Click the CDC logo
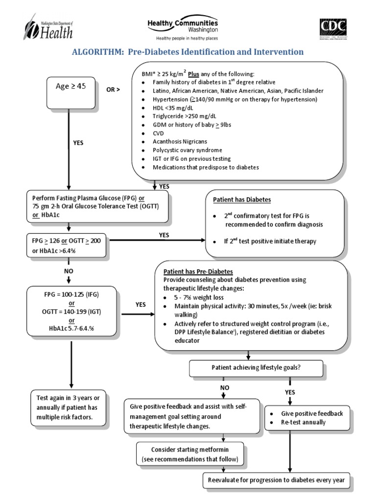(x=333, y=29)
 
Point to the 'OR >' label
(x=113, y=90)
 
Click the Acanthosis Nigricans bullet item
(x=180, y=141)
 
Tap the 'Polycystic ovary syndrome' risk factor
(x=188, y=150)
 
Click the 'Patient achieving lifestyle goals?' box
(x=256, y=367)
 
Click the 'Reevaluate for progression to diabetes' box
(x=277, y=480)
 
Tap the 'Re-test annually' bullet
(x=305, y=422)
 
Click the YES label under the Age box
(x=78, y=143)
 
